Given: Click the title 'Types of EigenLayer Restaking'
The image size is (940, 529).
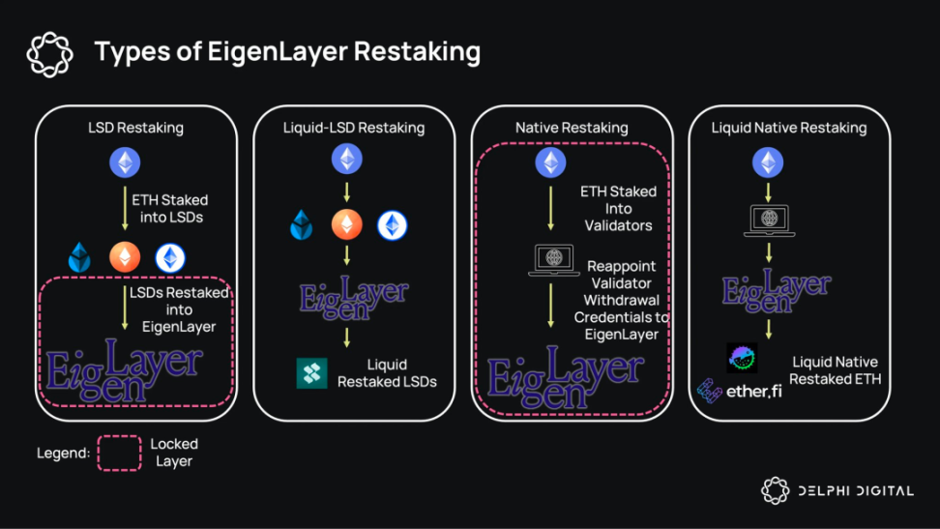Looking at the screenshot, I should pyautogui.click(x=287, y=51).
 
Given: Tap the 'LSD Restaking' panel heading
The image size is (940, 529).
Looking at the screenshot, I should pyautogui.click(x=135, y=128).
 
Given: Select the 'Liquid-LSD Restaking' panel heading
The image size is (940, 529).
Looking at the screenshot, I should pyautogui.click(x=354, y=128).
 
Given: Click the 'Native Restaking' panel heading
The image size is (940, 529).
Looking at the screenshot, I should pyautogui.click(x=572, y=128).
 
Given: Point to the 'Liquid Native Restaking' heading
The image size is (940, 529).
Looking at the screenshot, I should pyautogui.click(x=789, y=128).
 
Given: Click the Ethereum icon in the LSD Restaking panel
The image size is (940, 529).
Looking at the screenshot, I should pyautogui.click(x=124, y=163).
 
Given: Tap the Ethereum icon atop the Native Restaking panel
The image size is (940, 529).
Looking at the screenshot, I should pyautogui.click(x=551, y=162).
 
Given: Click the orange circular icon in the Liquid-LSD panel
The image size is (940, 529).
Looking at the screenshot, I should pyautogui.click(x=347, y=225).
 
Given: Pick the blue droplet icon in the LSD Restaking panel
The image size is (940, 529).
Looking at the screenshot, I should pyautogui.click(x=78, y=258).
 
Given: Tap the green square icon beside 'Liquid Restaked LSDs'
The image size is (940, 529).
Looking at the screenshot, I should pyautogui.click(x=311, y=373).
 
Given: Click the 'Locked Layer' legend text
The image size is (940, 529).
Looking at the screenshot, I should pyautogui.click(x=174, y=453).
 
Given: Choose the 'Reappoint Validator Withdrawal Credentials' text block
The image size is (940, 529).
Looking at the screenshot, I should pyautogui.click(x=622, y=300).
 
